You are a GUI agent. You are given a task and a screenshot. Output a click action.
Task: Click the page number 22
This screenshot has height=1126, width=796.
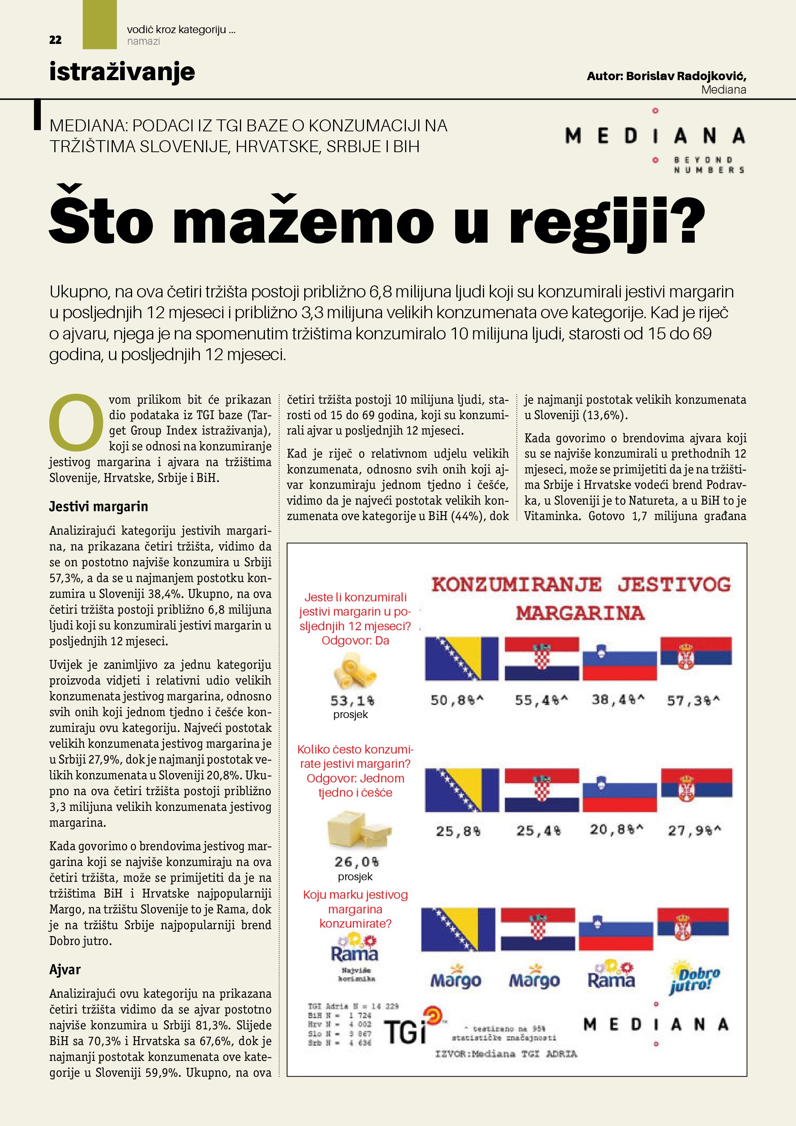point(55,40)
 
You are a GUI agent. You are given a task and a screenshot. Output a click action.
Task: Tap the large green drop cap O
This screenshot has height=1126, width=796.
point(76,423)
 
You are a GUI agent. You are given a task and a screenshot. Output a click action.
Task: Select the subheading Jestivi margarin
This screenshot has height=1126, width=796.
point(99,506)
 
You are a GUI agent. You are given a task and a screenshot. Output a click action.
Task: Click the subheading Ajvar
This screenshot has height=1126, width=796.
point(65,970)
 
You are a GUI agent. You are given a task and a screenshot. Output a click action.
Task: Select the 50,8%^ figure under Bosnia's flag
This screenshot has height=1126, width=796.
point(457,700)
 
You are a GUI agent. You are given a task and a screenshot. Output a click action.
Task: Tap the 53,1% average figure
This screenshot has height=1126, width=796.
point(352,701)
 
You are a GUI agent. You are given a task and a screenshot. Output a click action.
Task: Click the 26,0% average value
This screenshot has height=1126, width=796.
point(356,862)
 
